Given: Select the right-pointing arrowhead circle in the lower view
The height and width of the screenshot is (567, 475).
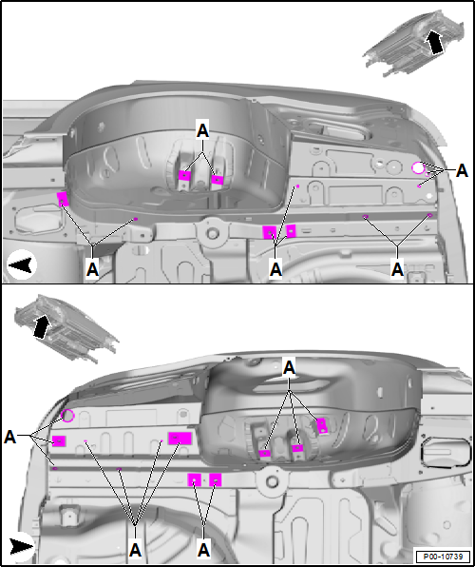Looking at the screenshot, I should click(21, 546).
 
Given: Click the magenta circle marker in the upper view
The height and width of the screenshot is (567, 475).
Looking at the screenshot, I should click(418, 167).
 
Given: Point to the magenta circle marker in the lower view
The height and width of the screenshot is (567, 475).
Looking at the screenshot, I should click(68, 415).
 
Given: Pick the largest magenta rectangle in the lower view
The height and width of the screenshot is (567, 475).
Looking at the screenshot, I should click(180, 438).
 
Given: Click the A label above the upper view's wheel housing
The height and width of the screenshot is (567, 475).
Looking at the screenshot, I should click(202, 129).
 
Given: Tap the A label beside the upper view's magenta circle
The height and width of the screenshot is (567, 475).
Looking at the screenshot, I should click(462, 170).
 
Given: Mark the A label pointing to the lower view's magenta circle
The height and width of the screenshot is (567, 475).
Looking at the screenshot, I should click(10, 437).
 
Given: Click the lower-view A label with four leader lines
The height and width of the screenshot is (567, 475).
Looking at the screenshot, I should click(136, 549).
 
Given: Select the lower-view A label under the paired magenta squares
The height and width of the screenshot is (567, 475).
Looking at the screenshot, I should click(204, 549).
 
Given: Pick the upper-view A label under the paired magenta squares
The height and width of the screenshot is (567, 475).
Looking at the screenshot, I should click(276, 269).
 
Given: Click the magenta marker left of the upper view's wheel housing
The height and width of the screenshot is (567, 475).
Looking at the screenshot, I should click(63, 200).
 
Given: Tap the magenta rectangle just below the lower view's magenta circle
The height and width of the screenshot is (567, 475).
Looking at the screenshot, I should click(59, 440).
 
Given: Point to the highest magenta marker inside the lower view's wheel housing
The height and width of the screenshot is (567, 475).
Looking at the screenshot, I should click(321, 424).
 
